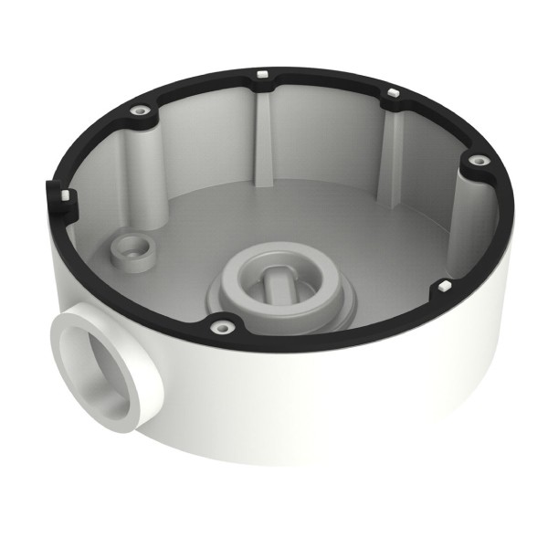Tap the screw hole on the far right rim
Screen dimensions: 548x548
point(474,161)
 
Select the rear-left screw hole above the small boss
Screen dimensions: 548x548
point(142,111)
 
